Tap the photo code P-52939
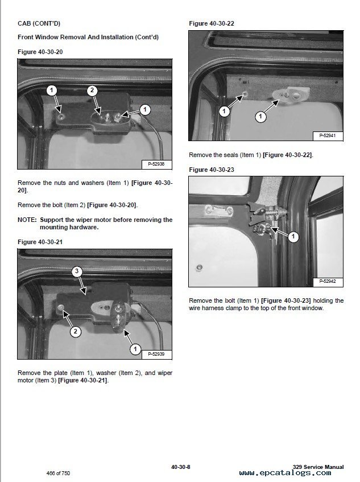155,353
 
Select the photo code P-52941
326,135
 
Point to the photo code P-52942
326,282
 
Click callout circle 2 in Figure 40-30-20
93,90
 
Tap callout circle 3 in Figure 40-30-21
77,272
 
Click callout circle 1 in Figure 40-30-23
293,236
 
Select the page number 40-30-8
180,467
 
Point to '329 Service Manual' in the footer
318,467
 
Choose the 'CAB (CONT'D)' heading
39,23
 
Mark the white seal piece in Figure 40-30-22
290,93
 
